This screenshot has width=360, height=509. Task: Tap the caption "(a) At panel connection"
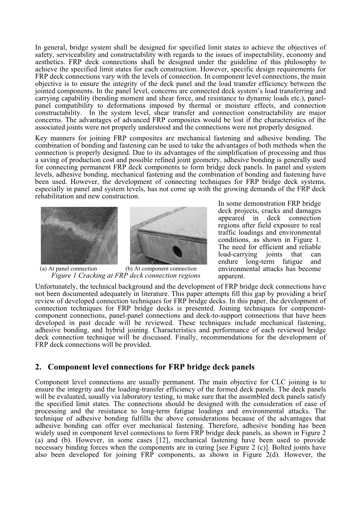[x=68, y=269]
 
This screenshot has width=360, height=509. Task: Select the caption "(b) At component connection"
[x=161, y=269]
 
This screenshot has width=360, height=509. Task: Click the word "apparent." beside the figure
[x=232, y=276]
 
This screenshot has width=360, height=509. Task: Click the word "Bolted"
[x=278, y=448]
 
